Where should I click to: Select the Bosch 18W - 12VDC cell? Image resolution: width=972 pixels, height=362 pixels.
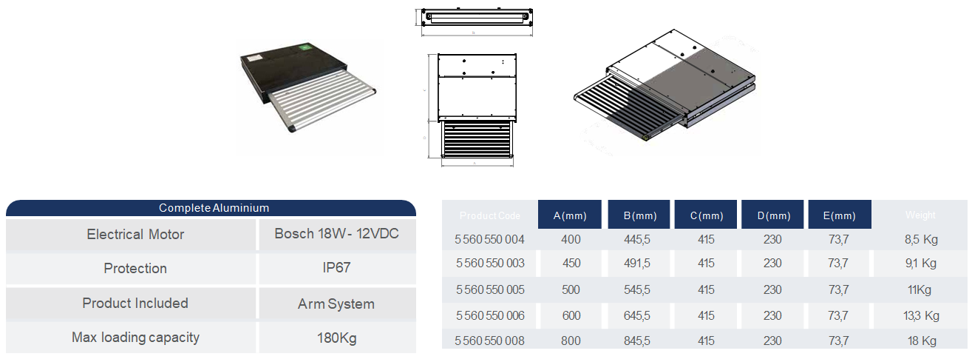[336, 234]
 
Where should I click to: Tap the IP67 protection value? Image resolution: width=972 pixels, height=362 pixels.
[336, 268]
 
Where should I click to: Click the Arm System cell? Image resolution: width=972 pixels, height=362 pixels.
[336, 304]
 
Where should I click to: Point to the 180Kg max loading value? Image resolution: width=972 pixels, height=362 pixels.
[336, 338]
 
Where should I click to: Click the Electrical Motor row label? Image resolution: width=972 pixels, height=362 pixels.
[135, 234]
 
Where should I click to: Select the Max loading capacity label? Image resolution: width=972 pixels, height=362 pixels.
[135, 338]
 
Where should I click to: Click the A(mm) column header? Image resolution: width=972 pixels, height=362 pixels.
[570, 215]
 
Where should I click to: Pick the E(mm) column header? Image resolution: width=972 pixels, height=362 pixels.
[840, 215]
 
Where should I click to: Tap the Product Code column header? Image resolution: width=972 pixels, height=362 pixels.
[490, 215]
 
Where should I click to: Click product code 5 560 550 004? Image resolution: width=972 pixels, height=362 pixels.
[490, 239]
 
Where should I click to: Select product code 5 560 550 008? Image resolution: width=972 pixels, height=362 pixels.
[490, 341]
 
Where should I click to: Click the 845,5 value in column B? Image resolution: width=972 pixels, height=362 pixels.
[636, 341]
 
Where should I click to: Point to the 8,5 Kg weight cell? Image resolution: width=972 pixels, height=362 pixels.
[921, 239]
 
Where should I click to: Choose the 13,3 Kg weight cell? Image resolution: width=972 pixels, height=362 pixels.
[921, 315]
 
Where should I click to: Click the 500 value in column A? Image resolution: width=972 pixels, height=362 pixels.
[571, 289]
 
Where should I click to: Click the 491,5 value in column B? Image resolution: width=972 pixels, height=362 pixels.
[636, 263]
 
